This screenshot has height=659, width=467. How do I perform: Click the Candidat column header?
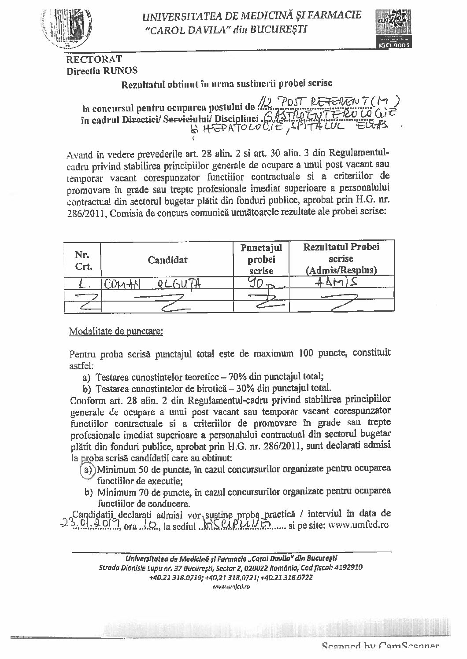tap(167, 260)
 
